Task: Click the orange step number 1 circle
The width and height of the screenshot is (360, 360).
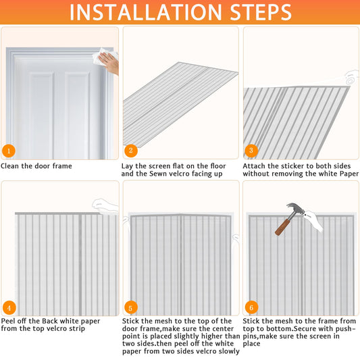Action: (9, 151)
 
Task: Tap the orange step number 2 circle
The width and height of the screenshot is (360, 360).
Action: (131, 151)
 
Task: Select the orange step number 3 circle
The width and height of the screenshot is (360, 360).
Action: (251, 151)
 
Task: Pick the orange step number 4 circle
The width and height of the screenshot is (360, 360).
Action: (9, 307)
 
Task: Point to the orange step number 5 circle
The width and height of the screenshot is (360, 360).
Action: (130, 308)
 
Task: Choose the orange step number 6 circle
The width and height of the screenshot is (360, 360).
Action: (251, 307)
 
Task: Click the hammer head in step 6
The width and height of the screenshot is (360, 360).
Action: (295, 208)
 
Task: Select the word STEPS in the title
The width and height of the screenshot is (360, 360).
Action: (260, 12)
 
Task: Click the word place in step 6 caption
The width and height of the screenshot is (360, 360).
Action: (252, 344)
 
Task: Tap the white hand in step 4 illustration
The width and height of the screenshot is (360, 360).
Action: (105, 205)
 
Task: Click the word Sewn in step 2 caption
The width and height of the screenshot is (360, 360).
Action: (157, 174)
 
